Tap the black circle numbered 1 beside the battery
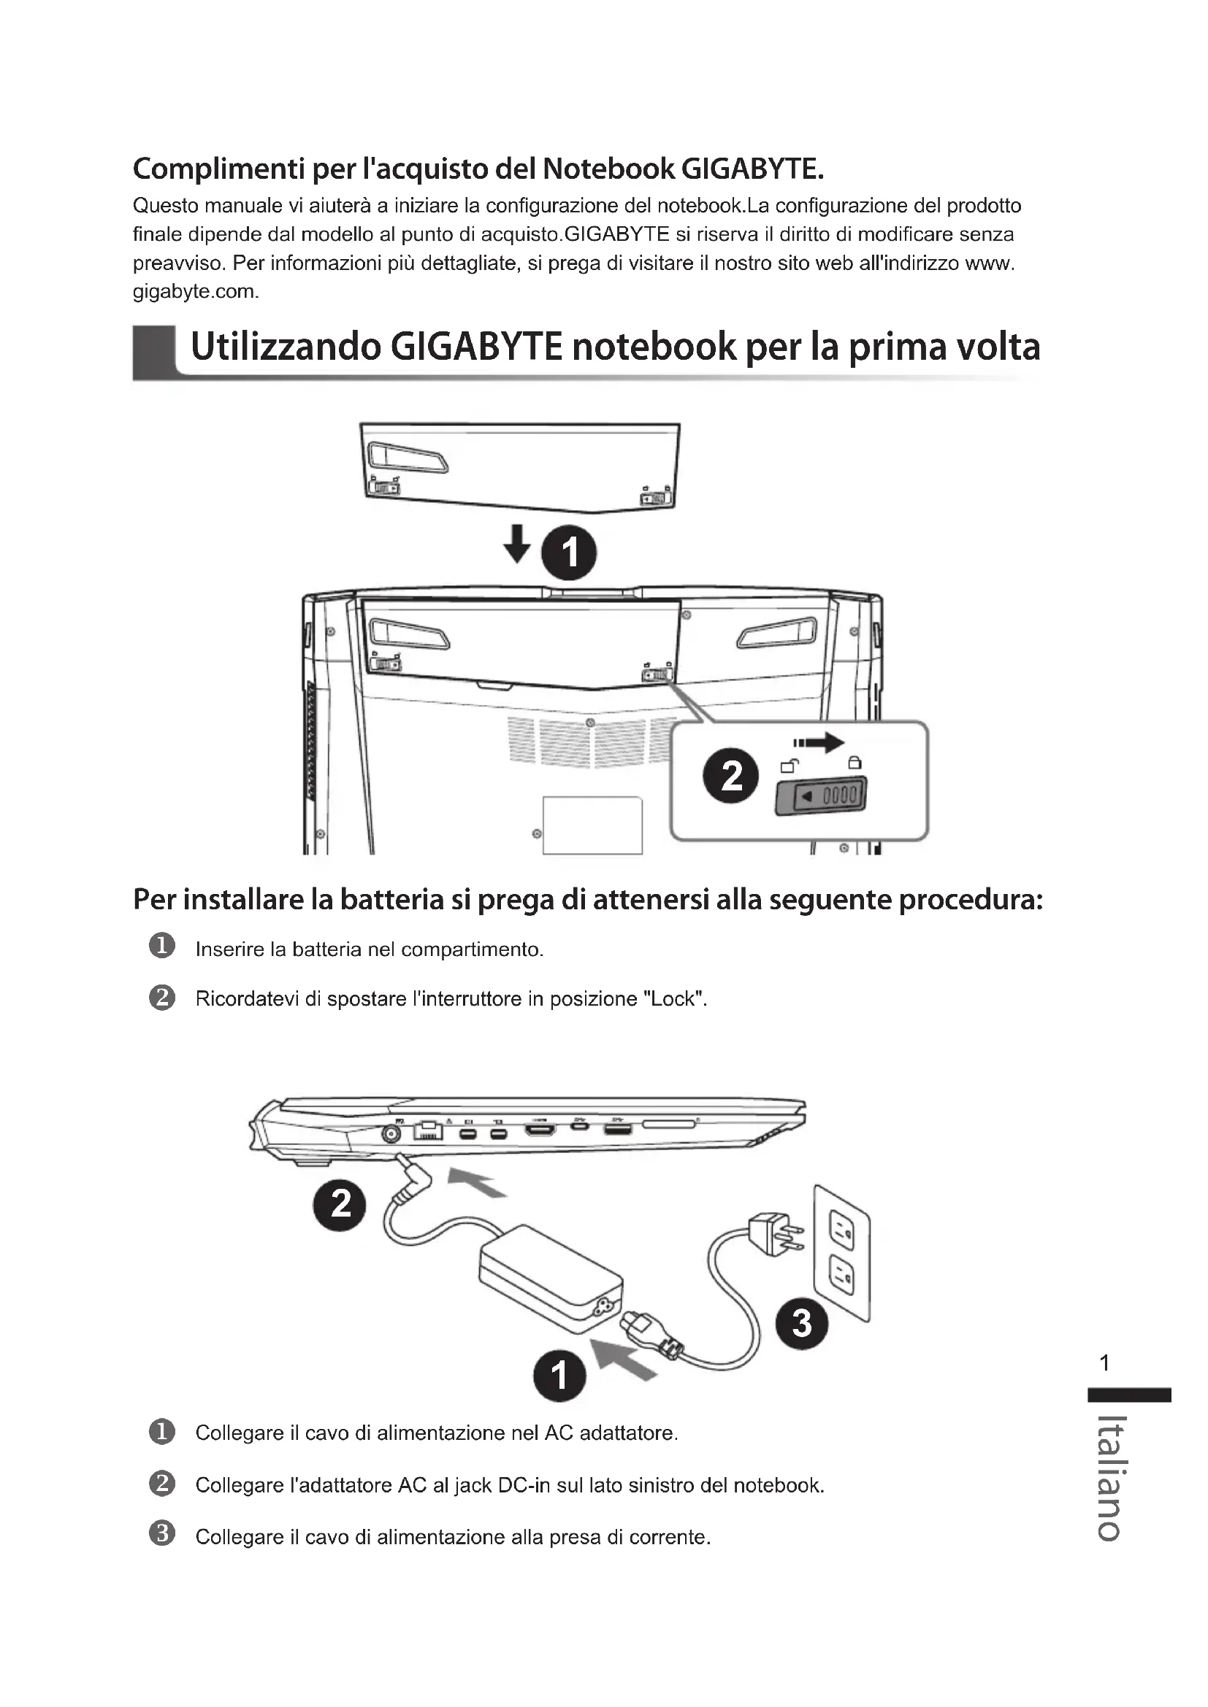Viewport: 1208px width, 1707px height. (569, 553)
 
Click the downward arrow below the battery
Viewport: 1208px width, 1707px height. (517, 544)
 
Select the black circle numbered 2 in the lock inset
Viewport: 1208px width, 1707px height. (731, 777)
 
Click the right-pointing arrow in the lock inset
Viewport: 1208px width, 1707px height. (819, 742)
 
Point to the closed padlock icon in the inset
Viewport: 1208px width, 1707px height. (855, 762)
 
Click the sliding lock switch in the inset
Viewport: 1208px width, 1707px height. (821, 796)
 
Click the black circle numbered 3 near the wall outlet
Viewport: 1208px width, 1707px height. (801, 1323)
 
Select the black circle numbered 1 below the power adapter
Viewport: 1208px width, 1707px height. (559, 1375)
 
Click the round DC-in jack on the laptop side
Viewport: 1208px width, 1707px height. (391, 1134)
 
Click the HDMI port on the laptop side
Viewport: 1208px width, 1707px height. (540, 1130)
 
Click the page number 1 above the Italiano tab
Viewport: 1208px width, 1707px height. (1104, 1363)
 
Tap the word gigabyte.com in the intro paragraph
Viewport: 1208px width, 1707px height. (195, 291)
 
